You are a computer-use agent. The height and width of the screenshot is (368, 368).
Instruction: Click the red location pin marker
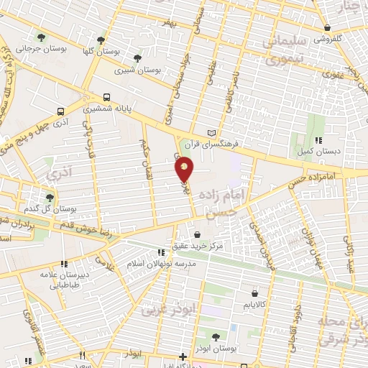185,170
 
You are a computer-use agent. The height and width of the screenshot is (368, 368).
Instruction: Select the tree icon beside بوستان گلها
100,40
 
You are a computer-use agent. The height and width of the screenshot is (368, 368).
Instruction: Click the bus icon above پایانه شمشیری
106,97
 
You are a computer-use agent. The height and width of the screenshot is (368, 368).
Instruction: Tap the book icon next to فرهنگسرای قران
210,133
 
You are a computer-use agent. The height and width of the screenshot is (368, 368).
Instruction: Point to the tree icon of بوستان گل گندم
50,197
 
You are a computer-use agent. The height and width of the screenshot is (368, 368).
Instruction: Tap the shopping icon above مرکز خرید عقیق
198,234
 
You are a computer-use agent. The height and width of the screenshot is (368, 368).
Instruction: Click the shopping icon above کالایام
255,293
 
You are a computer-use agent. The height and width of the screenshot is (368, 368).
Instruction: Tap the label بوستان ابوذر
216,348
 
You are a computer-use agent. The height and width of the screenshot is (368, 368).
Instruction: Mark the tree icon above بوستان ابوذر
216,335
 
